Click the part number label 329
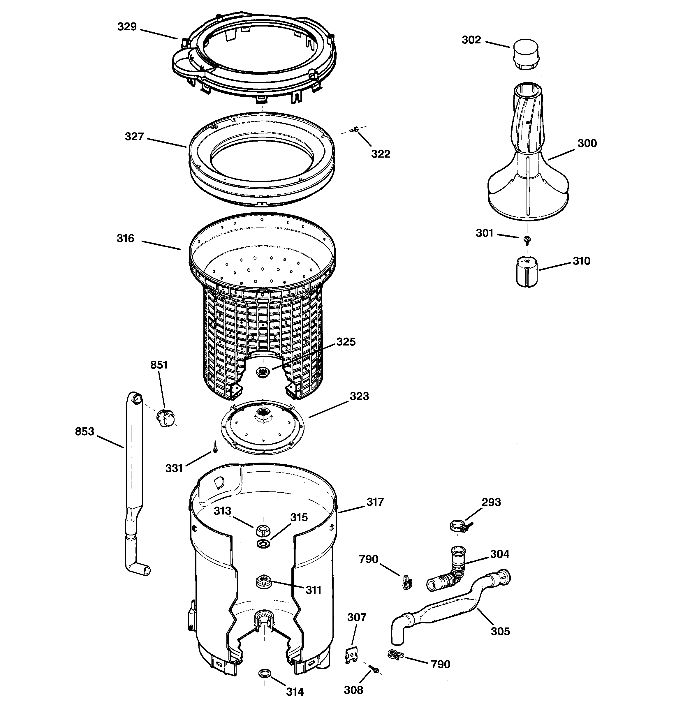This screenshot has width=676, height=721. pos(127,27)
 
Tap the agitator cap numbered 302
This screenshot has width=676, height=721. pos(525,56)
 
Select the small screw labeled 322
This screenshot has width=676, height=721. pos(354,129)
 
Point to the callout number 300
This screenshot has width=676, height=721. pos(587,143)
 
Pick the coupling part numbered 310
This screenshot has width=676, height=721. pos(527,272)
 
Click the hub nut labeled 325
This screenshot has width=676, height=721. pos(262,372)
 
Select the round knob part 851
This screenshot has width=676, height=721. pos(166,417)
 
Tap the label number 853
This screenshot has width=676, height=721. pos(84,432)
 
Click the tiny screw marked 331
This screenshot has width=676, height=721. pos(215,447)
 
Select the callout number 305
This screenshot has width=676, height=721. pos(500,631)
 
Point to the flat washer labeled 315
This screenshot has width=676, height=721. pos(263,544)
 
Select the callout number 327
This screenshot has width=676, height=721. pos(134,137)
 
